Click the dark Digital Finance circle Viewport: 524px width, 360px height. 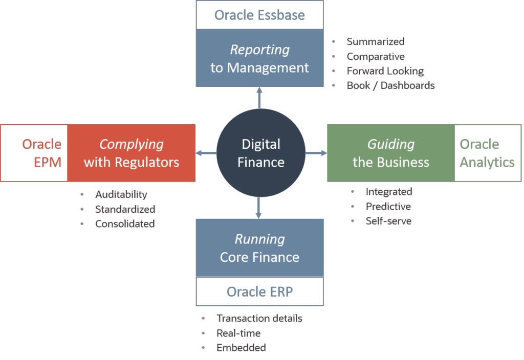(261, 153)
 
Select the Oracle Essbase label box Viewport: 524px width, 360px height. (259, 15)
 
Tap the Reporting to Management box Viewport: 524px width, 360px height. (259, 58)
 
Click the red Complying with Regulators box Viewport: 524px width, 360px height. (132, 153)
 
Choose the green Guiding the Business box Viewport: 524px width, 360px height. (390, 153)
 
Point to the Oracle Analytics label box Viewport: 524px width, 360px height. (487, 153)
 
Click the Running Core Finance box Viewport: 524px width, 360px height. (259, 248)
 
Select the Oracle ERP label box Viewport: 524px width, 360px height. (259, 291)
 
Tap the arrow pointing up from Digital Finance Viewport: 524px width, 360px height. (259, 98)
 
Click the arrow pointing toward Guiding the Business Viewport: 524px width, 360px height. (316, 153)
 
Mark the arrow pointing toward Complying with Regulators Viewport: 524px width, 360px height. (206, 153)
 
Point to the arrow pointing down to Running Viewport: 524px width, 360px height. (259, 208)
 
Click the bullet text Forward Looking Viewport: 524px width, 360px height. (385, 71)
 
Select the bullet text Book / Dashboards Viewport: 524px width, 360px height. (390, 85)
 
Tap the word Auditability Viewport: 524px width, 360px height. (121, 194)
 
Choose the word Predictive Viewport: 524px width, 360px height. (388, 207)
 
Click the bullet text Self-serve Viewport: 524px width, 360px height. (388, 221)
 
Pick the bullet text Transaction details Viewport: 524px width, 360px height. (259, 318)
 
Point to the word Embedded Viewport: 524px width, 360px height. (241, 348)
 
